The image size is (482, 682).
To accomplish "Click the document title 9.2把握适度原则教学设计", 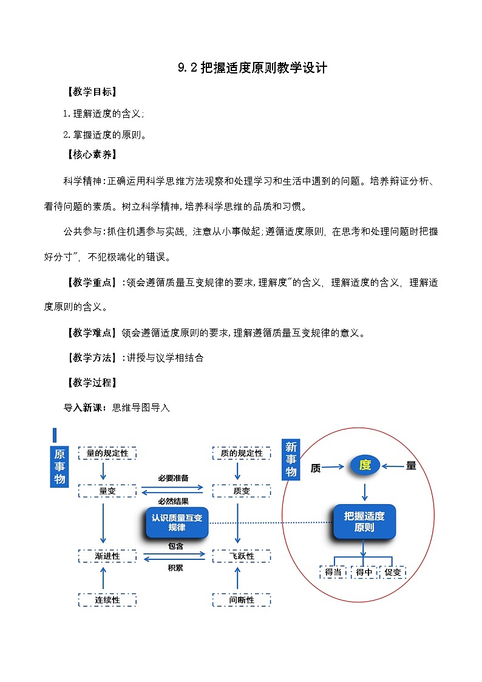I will [x=253, y=68].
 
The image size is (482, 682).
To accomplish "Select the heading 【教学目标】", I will [x=91, y=92].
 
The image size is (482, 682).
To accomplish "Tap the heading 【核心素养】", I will [x=91, y=154].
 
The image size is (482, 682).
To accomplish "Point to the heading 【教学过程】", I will [x=91, y=383].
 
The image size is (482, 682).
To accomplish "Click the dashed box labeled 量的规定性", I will [x=107, y=453].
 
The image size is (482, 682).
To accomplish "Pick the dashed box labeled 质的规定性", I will [x=241, y=453].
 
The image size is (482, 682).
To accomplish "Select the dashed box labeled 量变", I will [x=107, y=491].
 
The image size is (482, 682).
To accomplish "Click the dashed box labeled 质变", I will [x=241, y=491].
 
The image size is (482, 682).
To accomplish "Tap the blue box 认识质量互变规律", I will [x=177, y=522].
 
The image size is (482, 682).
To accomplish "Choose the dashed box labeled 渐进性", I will [x=107, y=556].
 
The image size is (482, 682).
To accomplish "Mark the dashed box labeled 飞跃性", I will [x=241, y=556].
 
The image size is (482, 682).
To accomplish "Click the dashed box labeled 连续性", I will [x=107, y=600].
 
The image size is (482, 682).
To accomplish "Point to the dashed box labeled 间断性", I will [x=241, y=600].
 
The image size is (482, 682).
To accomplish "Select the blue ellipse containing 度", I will [x=365, y=466].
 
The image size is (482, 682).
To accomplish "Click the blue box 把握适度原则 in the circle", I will [x=364, y=522].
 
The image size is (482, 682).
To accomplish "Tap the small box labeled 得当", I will [x=333, y=572].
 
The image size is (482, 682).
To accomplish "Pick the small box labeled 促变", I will [x=393, y=572].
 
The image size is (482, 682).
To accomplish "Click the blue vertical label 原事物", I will [x=59, y=467].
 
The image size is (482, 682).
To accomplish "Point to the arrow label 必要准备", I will [x=174, y=477].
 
